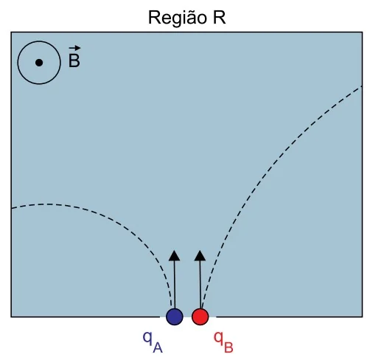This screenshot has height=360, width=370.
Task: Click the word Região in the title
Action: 178,18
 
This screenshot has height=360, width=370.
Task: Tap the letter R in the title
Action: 219,17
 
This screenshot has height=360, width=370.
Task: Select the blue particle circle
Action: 175,316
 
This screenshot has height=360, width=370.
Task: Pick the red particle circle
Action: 200,316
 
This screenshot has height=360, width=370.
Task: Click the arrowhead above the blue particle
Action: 175,256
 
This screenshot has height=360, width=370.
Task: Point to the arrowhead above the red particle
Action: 200,256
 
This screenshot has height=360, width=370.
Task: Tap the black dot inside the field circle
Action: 39,63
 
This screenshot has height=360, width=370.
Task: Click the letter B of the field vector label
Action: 74,60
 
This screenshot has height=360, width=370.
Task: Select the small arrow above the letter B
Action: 74,48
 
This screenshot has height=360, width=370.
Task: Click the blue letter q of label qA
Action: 147,338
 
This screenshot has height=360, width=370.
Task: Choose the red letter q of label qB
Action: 218,338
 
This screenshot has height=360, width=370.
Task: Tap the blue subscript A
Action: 158,347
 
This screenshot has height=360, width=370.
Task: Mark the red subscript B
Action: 228,347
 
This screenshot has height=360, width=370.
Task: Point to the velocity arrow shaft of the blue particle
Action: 175,285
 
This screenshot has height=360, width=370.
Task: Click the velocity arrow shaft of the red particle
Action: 200,285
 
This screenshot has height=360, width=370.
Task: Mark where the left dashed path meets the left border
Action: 11,209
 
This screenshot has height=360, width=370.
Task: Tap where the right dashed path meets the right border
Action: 362,86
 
